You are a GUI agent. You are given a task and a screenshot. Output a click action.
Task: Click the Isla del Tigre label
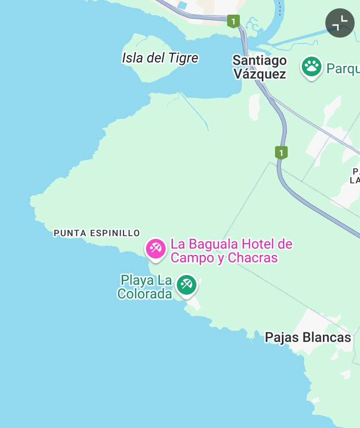(160, 58)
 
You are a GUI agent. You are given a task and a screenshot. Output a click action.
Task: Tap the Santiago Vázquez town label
(259, 67)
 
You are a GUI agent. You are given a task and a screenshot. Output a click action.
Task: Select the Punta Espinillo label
(97, 233)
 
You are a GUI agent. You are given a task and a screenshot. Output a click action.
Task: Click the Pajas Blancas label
(308, 337)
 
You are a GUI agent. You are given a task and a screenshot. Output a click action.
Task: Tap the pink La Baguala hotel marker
(156, 249)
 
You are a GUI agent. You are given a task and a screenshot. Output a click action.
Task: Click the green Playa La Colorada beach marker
(186, 284)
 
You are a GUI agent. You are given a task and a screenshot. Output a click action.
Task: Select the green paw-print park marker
(311, 66)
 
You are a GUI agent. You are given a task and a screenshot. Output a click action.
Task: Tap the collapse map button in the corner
(340, 22)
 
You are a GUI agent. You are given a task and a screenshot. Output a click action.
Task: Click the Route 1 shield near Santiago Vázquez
(234, 21)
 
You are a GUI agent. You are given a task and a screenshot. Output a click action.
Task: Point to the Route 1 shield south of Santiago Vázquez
(281, 152)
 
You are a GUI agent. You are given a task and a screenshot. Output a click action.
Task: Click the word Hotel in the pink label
(254, 244)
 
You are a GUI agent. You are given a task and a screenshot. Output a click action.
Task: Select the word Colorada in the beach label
(145, 294)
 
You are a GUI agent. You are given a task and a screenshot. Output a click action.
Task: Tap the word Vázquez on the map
(259, 74)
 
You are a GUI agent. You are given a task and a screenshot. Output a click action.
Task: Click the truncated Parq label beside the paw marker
(343, 68)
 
